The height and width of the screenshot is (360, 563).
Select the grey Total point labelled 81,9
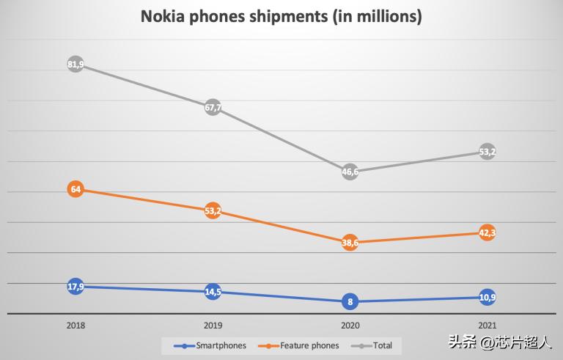(x=76, y=65)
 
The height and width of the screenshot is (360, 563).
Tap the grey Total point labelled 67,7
(x=213, y=108)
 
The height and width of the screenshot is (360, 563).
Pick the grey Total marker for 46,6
(x=350, y=172)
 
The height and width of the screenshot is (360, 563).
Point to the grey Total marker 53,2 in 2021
(x=487, y=152)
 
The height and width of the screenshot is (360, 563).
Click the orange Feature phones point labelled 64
(x=76, y=189)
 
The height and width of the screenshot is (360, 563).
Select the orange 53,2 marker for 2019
(x=213, y=212)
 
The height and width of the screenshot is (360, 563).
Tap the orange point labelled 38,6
(x=350, y=242)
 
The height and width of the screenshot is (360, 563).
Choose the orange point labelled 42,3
(x=487, y=233)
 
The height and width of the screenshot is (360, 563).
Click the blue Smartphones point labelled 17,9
(x=76, y=287)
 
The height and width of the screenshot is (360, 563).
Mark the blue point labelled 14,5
(x=213, y=292)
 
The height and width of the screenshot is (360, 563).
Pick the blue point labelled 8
(x=350, y=301)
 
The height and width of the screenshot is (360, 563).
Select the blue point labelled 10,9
(x=487, y=297)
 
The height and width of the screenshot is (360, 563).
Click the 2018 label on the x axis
(x=76, y=326)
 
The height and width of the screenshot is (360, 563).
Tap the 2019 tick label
(x=213, y=326)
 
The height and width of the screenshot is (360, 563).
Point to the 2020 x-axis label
(x=350, y=326)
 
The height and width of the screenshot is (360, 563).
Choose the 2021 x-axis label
(x=487, y=326)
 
